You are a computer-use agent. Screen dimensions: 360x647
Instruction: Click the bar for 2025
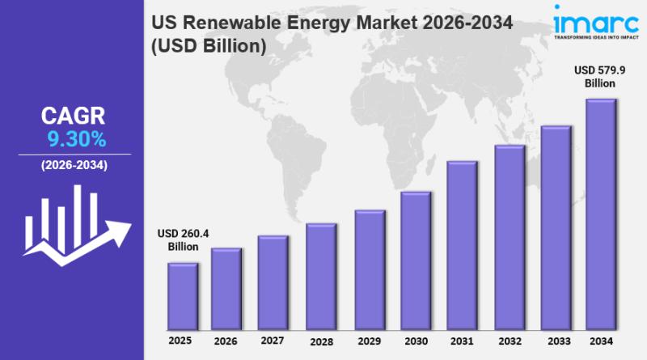tap(183, 296)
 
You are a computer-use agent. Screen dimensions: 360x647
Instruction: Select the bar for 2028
tap(321, 277)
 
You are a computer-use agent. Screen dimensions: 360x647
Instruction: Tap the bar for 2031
tap(462, 245)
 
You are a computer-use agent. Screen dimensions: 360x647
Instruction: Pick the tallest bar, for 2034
tap(601, 214)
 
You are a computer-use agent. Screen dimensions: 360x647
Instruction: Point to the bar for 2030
tap(416, 260)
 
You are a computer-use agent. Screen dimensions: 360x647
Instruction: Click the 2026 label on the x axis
tap(226, 341)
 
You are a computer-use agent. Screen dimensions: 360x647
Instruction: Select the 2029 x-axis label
tap(370, 341)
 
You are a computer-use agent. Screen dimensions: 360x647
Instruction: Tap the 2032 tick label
tap(510, 341)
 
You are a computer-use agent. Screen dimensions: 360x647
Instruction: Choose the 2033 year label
tap(556, 341)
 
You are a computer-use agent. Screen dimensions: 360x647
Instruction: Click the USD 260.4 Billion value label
tap(183, 240)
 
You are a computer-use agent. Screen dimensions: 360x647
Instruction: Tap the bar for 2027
tap(273, 283)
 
